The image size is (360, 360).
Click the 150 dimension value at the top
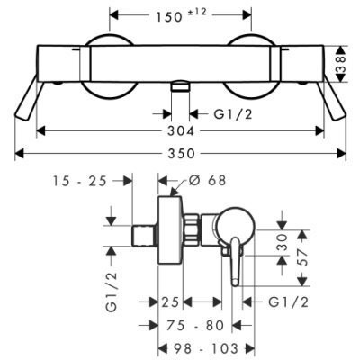point(169,16)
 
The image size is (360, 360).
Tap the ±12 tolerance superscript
point(197,12)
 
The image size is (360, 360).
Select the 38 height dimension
point(341,64)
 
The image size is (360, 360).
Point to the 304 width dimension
point(181,131)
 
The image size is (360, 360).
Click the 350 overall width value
point(181,154)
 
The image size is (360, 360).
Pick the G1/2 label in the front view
point(233,114)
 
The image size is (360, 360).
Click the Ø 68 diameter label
point(208,180)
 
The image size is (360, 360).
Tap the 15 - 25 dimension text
point(80,181)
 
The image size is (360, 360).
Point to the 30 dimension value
point(283,242)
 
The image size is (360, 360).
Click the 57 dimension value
point(303,256)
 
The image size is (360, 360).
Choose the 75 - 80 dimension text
point(194,325)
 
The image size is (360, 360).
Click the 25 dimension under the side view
point(170,302)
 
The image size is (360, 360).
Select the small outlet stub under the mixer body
point(180,85)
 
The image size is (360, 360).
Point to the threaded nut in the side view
point(191,229)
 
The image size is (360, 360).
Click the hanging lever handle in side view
point(235,261)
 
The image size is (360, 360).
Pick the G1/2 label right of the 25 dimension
point(289,302)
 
